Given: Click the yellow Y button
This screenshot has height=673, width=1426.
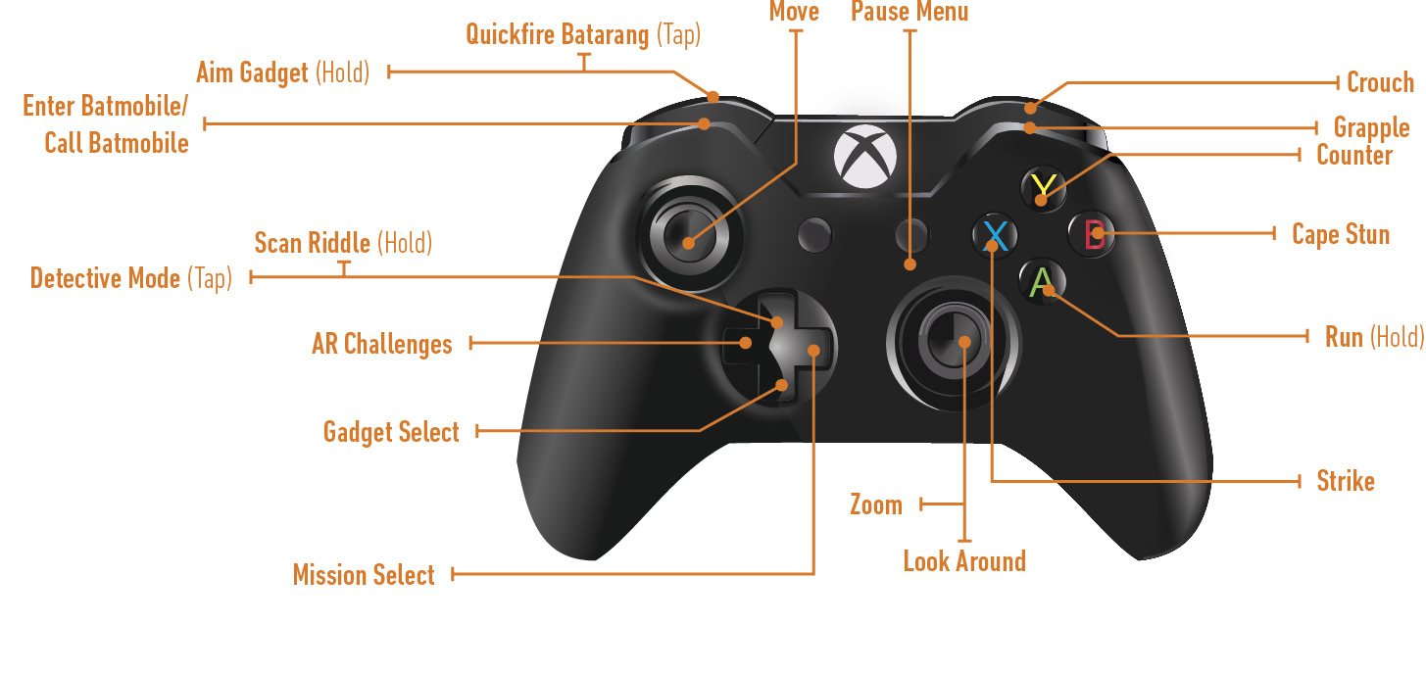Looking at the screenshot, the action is pyautogui.click(x=1044, y=188).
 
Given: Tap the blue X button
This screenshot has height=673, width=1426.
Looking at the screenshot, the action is pyautogui.click(x=995, y=235).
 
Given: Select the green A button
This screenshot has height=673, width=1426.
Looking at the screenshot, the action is pyautogui.click(x=1042, y=282).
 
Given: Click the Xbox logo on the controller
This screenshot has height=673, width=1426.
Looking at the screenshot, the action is pyautogui.click(x=865, y=157).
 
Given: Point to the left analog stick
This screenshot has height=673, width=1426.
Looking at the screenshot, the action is pyautogui.click(x=689, y=235).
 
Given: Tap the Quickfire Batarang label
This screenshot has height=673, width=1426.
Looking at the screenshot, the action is pyautogui.click(x=583, y=34).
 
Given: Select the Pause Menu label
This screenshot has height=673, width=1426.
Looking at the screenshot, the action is pyautogui.click(x=910, y=12).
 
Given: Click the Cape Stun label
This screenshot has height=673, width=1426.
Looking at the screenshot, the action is pyautogui.click(x=1341, y=234).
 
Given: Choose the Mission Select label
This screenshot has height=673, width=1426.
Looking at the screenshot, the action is pyautogui.click(x=364, y=575).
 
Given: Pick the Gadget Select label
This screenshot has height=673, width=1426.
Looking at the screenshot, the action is pyautogui.click(x=391, y=432).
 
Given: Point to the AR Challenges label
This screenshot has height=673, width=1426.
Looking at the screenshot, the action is pyautogui.click(x=382, y=344).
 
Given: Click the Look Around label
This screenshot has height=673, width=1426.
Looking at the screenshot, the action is pyautogui.click(x=964, y=561).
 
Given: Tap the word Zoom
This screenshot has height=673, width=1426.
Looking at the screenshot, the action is pyautogui.click(x=876, y=505).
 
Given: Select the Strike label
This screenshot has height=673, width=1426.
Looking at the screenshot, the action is pyautogui.click(x=1346, y=481).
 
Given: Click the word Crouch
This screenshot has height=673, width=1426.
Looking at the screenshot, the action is pyautogui.click(x=1380, y=82).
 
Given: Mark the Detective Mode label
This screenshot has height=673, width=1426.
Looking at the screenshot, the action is pyautogui.click(x=131, y=278).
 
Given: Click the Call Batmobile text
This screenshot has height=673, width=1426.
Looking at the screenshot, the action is pyautogui.click(x=117, y=143).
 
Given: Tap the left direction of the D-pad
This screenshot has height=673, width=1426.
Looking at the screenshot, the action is pyautogui.click(x=743, y=343).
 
